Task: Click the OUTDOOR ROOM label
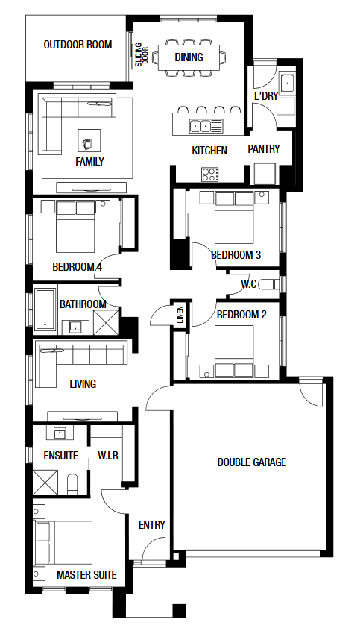point(78,45)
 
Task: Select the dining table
point(189,57)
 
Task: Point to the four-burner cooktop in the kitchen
point(210,175)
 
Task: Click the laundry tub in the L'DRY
point(287,84)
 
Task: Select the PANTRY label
point(263,149)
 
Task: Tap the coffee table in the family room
point(89,140)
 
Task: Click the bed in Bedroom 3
point(234,217)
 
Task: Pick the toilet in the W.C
point(268,284)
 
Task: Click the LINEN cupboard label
point(180,315)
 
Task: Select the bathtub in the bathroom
point(45,309)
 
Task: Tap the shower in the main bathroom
point(106,322)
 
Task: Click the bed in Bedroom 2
point(234,351)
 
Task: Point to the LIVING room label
point(83,384)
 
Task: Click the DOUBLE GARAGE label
point(252,462)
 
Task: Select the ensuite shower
point(45,482)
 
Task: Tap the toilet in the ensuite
point(72,485)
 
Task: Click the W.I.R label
point(108,456)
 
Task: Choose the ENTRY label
point(151,525)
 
